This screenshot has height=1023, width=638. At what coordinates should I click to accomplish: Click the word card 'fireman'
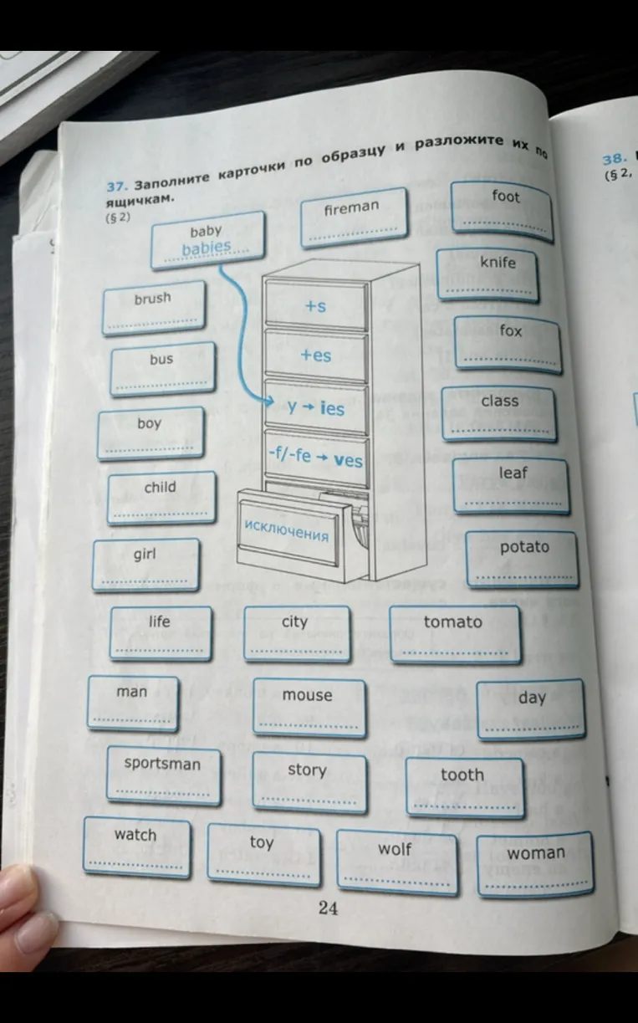[x=354, y=217]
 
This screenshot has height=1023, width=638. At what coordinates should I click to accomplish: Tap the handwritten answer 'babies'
[x=207, y=248]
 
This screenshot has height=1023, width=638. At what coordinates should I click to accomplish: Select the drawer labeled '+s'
[x=316, y=305]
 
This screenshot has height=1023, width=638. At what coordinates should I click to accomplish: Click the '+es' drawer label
[x=316, y=355]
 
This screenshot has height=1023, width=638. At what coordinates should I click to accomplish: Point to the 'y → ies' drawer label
[x=316, y=407]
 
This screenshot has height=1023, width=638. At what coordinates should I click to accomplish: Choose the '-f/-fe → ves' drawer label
[x=315, y=458]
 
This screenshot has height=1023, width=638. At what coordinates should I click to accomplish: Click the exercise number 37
[x=115, y=187]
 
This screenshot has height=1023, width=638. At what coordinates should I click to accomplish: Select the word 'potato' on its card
[x=524, y=547]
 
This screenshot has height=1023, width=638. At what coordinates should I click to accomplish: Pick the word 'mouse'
[x=308, y=695]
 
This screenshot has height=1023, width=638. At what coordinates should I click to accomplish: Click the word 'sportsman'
[x=162, y=764]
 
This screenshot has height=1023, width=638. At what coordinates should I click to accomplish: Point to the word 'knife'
[x=498, y=262]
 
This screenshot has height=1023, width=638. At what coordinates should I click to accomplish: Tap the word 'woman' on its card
[x=536, y=852]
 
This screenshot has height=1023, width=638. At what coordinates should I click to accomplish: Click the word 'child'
[x=160, y=488]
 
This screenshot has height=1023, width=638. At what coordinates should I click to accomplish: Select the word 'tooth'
[x=462, y=775]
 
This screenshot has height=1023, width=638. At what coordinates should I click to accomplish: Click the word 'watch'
[x=135, y=835]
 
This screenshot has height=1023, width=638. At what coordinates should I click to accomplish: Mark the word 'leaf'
[x=513, y=473]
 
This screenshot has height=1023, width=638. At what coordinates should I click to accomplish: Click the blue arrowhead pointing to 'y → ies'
[x=269, y=402]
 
